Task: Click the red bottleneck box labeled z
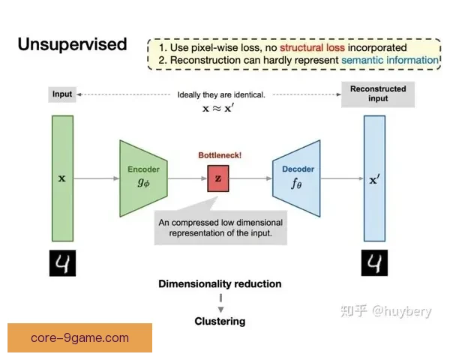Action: tap(218, 178)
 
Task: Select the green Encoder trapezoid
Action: tap(143, 178)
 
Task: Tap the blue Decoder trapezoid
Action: tap(296, 178)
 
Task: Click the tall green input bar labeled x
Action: tap(62, 178)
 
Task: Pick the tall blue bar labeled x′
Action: tap(374, 178)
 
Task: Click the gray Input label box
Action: tap(62, 94)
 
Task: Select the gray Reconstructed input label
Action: tap(378, 94)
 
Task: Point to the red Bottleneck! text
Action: tap(220, 155)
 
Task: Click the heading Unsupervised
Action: tap(72, 44)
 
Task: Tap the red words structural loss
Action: tap(312, 47)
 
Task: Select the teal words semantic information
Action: tap(390, 60)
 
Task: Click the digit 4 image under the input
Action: tap(62, 263)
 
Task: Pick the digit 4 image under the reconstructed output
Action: tap(374, 262)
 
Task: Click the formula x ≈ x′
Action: tap(218, 109)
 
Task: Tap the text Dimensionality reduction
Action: tap(220, 284)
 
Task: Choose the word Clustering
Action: tap(220, 321)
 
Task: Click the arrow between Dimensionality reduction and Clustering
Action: tap(220, 303)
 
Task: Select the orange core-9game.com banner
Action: tap(79, 337)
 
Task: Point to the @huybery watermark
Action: tap(386, 311)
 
